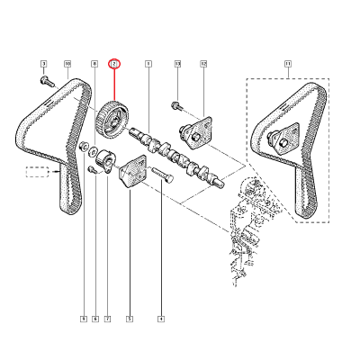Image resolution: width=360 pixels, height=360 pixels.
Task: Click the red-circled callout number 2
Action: pyautogui.click(x=114, y=64)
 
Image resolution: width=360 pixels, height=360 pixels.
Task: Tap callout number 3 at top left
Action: pyautogui.click(x=42, y=64)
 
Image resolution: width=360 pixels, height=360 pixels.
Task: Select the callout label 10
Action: pyautogui.click(x=67, y=64)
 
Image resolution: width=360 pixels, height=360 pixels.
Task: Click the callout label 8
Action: pyautogui.click(x=94, y=64)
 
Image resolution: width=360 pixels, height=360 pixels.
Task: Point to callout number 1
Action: pyautogui.click(x=148, y=64)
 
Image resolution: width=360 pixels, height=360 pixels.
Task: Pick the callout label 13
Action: pyautogui.click(x=177, y=64)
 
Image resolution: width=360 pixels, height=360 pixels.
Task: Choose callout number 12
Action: pyautogui.click(x=203, y=64)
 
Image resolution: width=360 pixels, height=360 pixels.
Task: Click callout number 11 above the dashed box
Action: pyautogui.click(x=288, y=64)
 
